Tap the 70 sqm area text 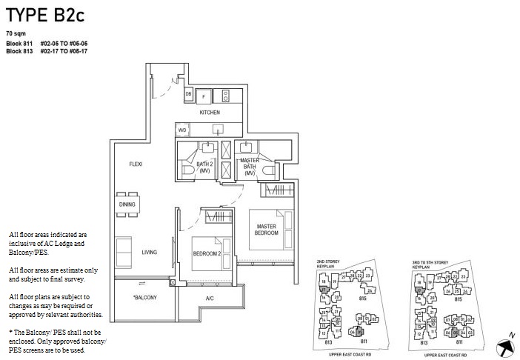point(15,34)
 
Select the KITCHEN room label point(210,113)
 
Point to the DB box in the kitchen point(188,95)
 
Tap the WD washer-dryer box point(182,130)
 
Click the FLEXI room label point(136,164)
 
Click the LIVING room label point(150,253)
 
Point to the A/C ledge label point(210,298)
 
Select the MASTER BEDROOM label point(267,230)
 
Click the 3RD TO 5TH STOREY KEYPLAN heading point(431,264)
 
